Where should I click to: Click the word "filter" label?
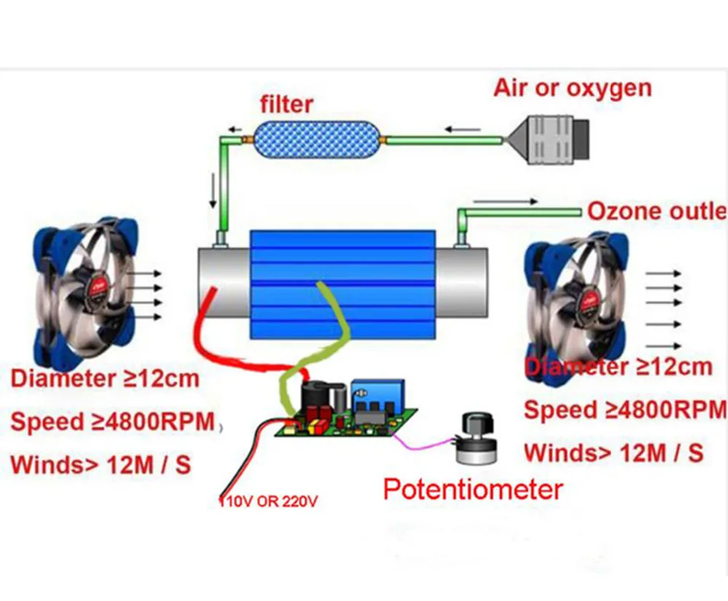[x=287, y=103]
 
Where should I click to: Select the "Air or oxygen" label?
[x=572, y=88]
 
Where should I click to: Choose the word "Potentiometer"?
[x=473, y=490]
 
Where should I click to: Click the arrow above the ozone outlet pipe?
[x=505, y=201]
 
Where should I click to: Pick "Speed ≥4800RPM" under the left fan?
[x=113, y=422]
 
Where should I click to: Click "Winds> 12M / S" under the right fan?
[x=614, y=452]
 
